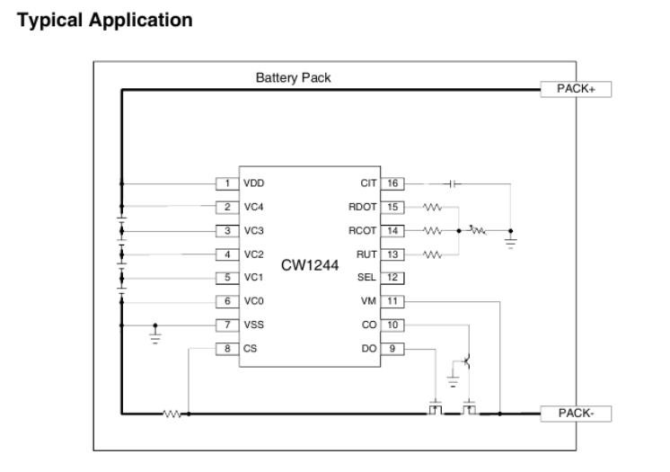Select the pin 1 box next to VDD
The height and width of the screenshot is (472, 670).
227,183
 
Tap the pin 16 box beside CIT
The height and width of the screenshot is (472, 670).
392,183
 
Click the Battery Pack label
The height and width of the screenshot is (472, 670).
294,78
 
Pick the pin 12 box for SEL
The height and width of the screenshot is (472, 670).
392,277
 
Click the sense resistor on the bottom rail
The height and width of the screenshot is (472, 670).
172,414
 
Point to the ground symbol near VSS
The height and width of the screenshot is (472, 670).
155,338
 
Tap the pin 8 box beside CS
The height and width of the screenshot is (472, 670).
227,347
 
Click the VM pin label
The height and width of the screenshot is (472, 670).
368,300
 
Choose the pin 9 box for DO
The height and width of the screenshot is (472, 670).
392,347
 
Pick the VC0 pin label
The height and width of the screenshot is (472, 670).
254,300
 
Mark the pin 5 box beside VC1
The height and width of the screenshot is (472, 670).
227,277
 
